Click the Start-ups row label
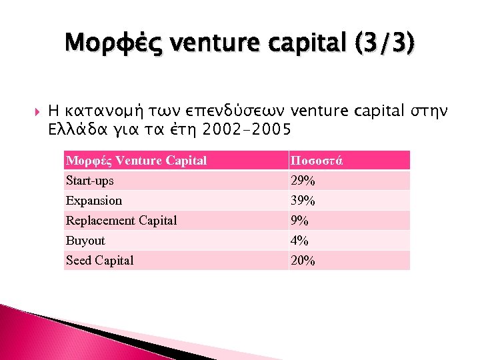coord(90,181)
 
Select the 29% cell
coord(303,181)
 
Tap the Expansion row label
coord(94,201)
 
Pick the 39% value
coord(303,201)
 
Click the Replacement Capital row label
coord(121,221)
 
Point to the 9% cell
coord(299,221)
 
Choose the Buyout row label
coord(85,241)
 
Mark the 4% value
coord(299,241)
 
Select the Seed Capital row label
coord(100,261)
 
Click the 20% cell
coord(303,261)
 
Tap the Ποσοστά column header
coord(316,161)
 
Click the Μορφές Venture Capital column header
coord(136,161)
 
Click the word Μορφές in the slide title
coord(114,44)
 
